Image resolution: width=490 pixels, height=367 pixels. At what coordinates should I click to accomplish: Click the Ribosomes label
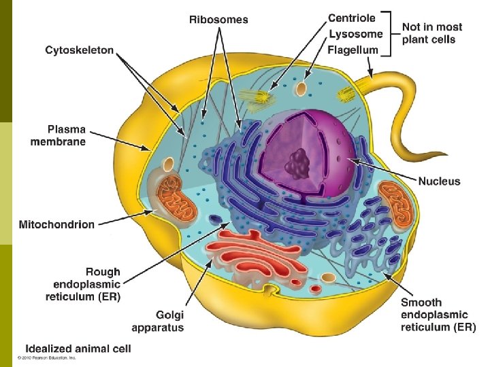point(218,20)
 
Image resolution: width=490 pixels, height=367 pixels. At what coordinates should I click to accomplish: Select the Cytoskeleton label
point(80,50)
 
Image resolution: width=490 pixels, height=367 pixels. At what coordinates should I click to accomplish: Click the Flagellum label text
point(353,50)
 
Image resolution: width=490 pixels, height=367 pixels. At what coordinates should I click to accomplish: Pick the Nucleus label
point(439,181)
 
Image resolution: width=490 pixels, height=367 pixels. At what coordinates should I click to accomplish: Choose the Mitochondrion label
point(56,224)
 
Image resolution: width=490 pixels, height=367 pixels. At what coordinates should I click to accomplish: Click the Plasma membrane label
point(58,135)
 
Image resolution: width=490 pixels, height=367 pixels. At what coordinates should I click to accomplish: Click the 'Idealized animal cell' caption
point(78,349)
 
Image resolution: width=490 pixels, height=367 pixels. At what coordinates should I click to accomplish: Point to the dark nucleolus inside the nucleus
point(297,164)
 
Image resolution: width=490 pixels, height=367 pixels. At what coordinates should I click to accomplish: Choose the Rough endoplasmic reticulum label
point(86,284)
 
